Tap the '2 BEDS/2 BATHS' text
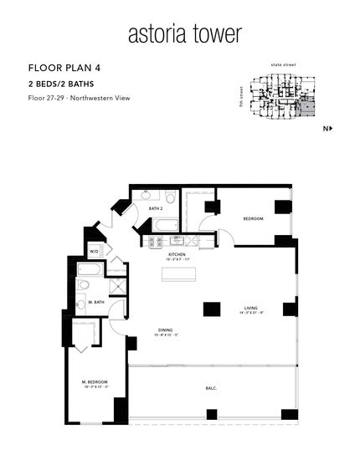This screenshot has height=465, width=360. [x=61, y=84]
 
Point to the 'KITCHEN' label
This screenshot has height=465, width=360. [x=177, y=253]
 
